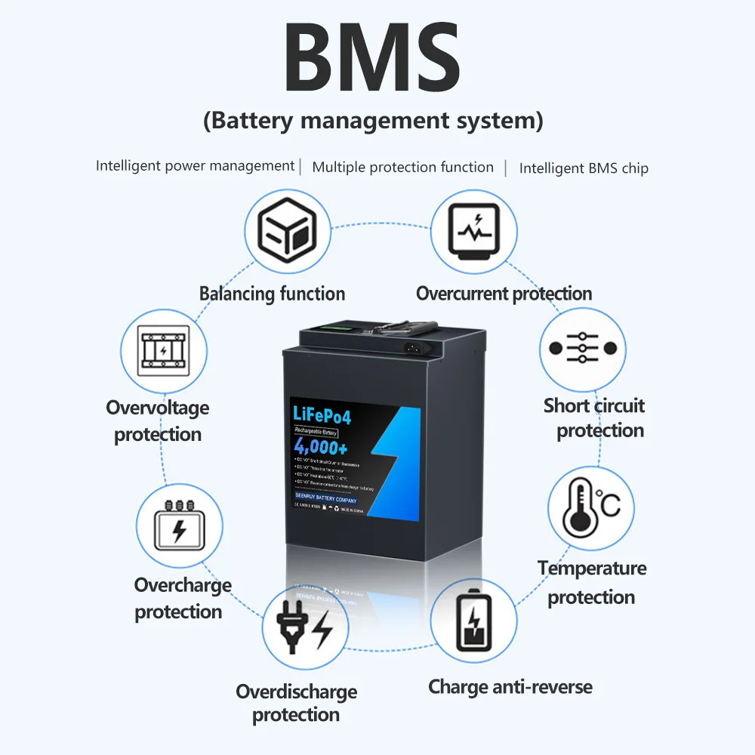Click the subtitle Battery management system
pos(373,121)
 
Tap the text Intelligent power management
pos(195,165)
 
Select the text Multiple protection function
pos(402,167)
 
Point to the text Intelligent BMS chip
pos(584,168)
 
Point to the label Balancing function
pos(272,294)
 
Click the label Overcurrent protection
pos(504,294)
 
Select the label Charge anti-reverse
pos(510,687)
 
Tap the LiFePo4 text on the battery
pos(321,414)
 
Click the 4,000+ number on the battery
pos(320,448)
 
